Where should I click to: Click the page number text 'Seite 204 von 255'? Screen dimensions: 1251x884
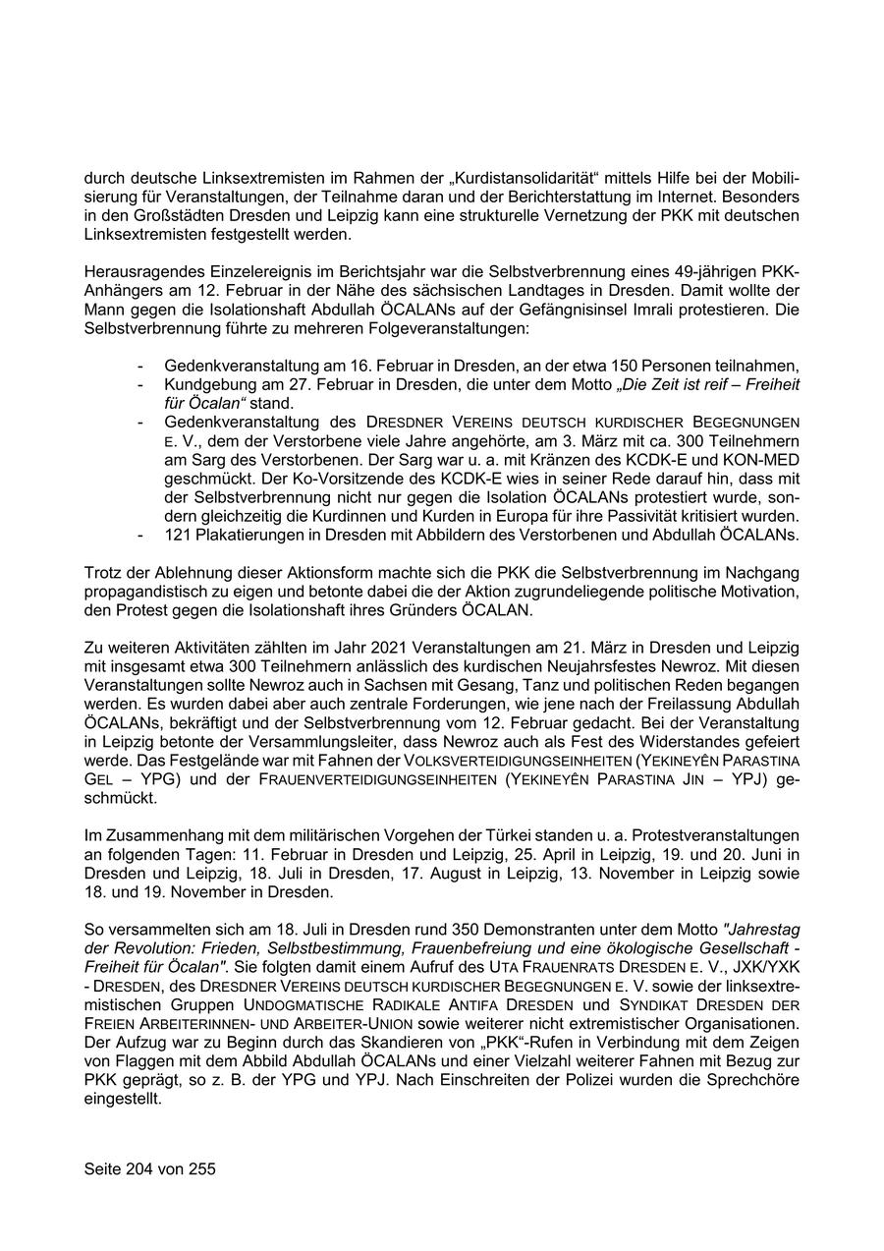[x=149, y=1169]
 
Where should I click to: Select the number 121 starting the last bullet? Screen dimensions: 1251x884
[x=178, y=536]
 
